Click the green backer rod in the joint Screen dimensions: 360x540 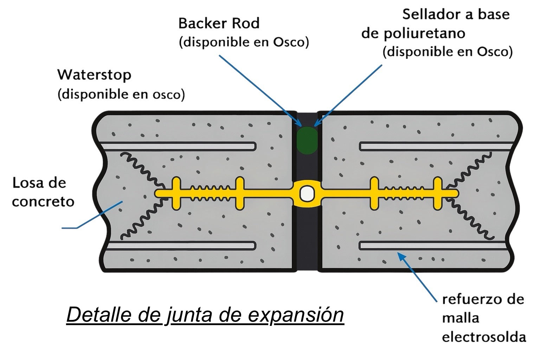[x=307, y=140]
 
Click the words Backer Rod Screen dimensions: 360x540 [x=219, y=24]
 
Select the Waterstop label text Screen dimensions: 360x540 [x=94, y=75]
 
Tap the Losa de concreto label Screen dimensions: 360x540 [x=43, y=192]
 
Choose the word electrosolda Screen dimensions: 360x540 [x=484, y=337]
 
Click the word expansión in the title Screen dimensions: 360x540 [x=296, y=315]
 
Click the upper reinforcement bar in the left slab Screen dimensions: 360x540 [x=179, y=146]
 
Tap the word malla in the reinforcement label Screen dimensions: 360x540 [x=461, y=318]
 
